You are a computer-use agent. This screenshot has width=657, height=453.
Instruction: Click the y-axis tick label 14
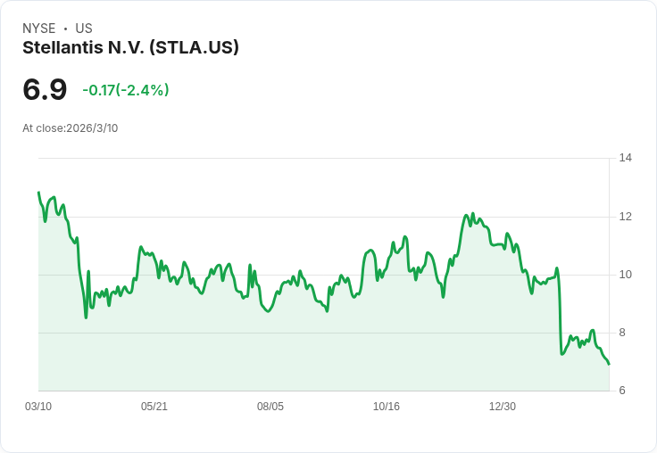(625, 158)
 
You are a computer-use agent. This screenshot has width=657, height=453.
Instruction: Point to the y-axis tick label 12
(625, 217)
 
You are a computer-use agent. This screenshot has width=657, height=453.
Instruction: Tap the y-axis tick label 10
(625, 275)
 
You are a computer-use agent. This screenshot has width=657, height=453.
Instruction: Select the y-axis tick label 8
(622, 333)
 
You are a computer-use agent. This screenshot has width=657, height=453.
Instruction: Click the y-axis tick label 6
(622, 391)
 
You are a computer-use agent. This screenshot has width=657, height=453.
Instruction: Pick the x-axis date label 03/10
(38, 407)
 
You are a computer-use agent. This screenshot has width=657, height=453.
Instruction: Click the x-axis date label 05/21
(154, 407)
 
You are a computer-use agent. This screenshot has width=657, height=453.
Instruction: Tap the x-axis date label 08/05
(270, 407)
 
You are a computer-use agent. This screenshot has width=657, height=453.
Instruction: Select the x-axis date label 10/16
(387, 407)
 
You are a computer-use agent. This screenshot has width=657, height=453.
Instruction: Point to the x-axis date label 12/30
(503, 407)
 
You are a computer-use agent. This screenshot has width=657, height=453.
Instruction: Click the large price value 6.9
(45, 89)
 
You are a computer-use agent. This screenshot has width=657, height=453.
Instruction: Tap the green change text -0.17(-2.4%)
(126, 90)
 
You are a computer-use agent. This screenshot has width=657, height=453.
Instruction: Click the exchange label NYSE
(39, 29)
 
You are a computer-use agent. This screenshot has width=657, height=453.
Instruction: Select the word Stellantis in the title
(62, 47)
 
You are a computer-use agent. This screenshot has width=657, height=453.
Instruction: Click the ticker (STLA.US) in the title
(194, 48)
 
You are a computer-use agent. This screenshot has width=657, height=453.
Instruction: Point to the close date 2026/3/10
(92, 128)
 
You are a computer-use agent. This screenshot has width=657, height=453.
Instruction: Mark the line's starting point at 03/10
(38, 193)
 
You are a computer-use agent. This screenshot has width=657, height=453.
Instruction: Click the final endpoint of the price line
(609, 364)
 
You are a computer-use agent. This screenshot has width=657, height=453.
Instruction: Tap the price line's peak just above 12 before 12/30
(472, 213)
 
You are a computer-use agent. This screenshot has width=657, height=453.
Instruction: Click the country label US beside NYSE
(84, 29)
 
